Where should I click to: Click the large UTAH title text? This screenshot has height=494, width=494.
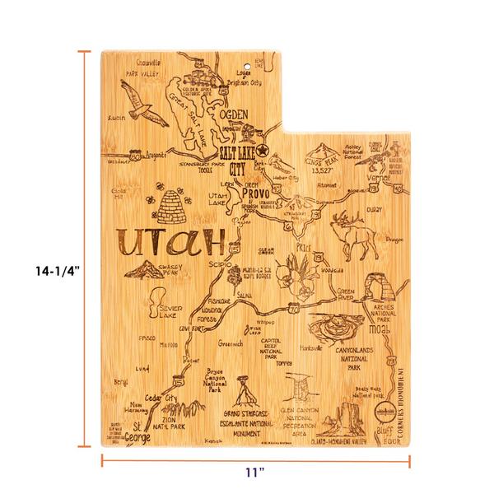coord(172,241)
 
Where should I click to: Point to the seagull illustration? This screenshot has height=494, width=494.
coord(148,114)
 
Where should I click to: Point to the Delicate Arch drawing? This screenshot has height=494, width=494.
coord(378,288)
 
